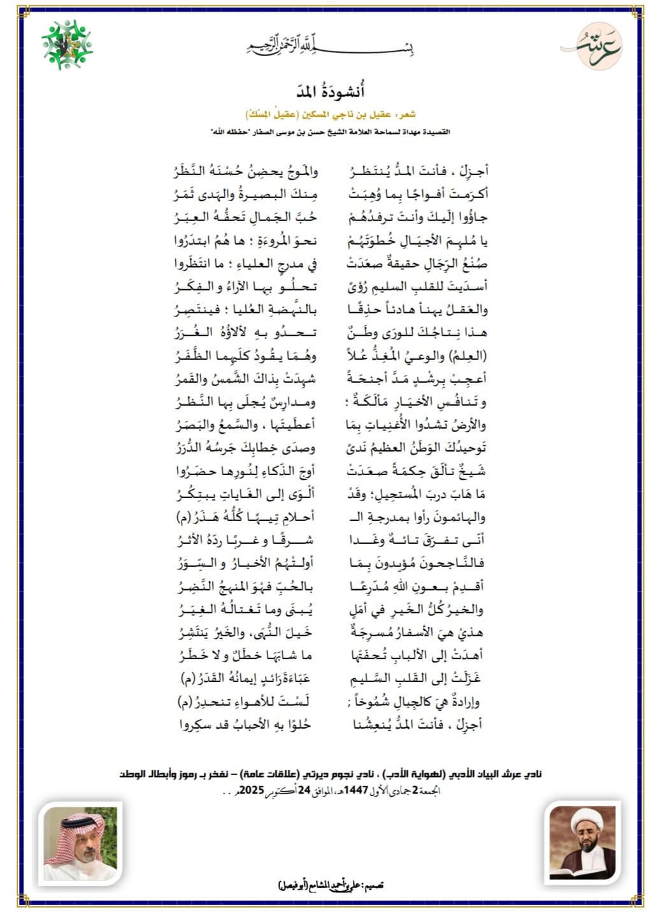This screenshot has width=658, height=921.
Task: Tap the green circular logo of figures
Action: coord(67,44)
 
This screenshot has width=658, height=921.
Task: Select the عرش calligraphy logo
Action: coord(591,46)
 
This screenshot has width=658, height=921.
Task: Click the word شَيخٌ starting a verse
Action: coord(472,471)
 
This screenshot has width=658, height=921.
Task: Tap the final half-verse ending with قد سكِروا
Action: coord(246,724)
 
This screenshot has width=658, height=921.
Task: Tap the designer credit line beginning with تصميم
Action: coord(331,885)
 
